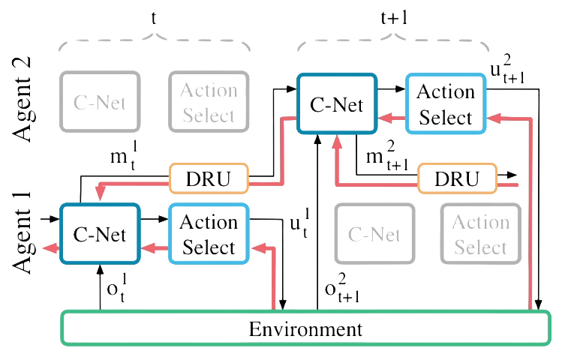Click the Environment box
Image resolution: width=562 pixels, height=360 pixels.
[304, 328]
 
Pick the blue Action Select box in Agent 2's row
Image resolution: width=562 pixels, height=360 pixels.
[445, 104]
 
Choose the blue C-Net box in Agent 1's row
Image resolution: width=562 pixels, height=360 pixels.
[101, 234]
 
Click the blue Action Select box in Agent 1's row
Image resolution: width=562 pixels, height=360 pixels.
[209, 234]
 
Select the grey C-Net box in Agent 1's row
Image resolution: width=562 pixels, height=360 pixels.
[374, 235]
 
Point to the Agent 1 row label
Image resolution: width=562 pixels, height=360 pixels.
[26, 234]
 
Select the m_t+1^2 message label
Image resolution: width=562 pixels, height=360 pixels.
[386, 160]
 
